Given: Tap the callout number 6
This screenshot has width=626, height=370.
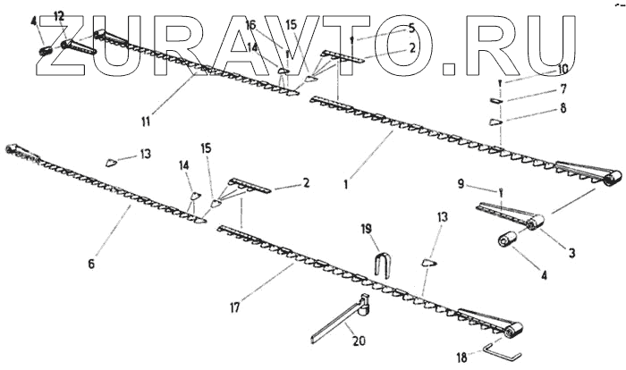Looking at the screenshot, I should click(x=90, y=264).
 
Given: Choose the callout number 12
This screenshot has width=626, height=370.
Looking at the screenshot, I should click(x=59, y=16).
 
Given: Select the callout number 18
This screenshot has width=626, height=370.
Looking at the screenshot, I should click(x=460, y=357).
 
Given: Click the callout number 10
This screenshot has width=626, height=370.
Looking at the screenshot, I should click(x=562, y=70).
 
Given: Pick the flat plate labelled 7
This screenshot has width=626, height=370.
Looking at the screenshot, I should click(x=498, y=97).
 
